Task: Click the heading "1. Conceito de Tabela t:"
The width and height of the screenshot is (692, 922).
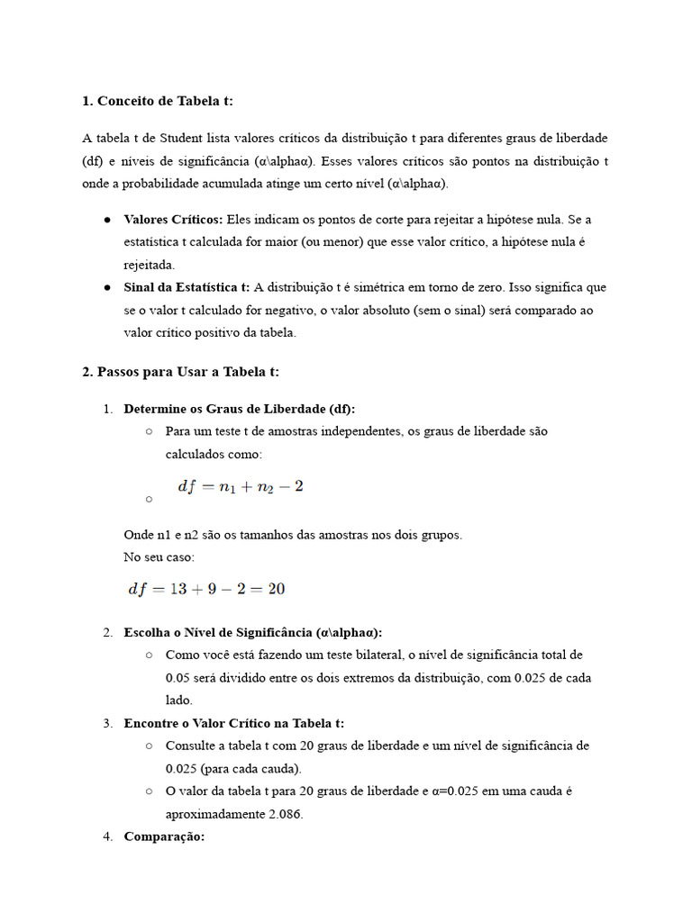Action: pyautogui.click(x=157, y=101)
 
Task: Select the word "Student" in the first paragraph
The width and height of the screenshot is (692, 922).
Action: pyautogui.click(x=183, y=138)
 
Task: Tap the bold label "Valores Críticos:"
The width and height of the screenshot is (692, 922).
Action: pyautogui.click(x=173, y=220)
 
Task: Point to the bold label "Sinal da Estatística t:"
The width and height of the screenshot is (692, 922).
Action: pyautogui.click(x=187, y=287)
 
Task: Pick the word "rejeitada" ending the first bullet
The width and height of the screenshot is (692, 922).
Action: pyautogui.click(x=149, y=265)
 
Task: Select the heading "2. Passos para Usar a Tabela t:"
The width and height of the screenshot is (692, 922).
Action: pyautogui.click(x=180, y=371)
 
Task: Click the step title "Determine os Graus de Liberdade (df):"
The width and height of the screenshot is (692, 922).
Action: pyautogui.click(x=239, y=408)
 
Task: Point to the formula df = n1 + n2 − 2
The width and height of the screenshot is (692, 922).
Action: pyautogui.click(x=241, y=486)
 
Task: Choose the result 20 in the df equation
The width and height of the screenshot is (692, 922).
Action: pyautogui.click(x=277, y=589)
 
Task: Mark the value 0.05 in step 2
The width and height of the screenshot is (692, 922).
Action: pyautogui.click(x=178, y=677)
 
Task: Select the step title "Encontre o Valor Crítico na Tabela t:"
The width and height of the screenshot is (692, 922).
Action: pyautogui.click(x=233, y=723)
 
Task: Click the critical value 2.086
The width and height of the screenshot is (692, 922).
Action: pyautogui.click(x=283, y=814)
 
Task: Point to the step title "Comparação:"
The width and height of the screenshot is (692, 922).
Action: pyautogui.click(x=164, y=836)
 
